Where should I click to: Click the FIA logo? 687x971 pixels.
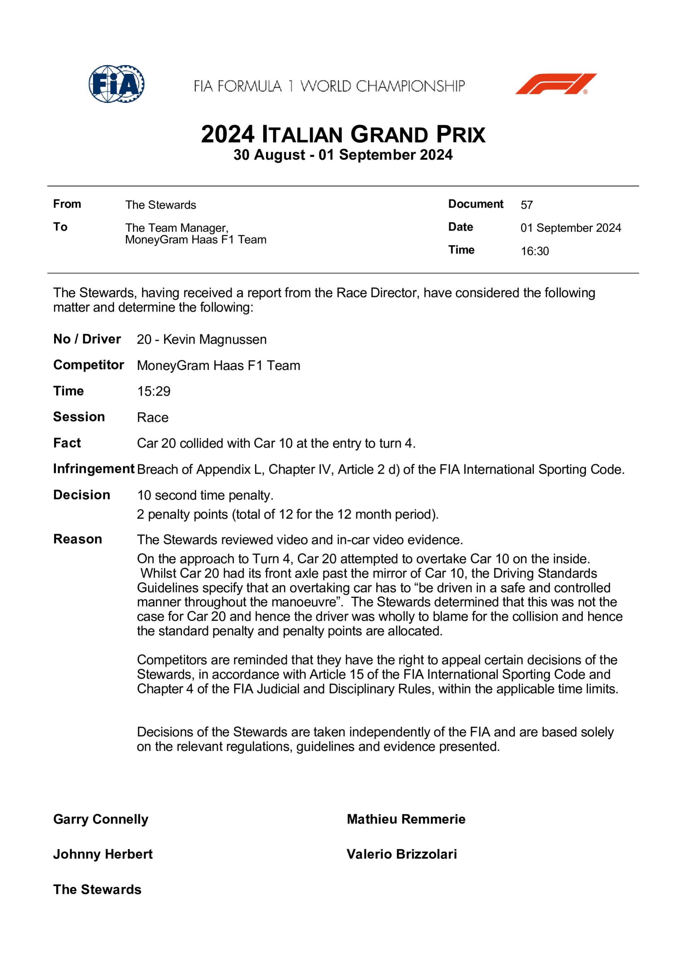pyautogui.click(x=116, y=84)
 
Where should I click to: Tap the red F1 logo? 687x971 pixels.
pyautogui.click(x=556, y=84)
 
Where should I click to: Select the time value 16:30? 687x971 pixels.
pyautogui.click(x=535, y=251)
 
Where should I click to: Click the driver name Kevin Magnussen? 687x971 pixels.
pyautogui.click(x=215, y=339)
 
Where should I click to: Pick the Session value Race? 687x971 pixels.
pyautogui.click(x=152, y=418)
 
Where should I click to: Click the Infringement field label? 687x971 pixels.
pyautogui.click(x=94, y=469)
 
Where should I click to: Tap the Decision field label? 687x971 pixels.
pyautogui.click(x=82, y=495)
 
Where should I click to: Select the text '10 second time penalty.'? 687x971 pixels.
pyautogui.click(x=205, y=495)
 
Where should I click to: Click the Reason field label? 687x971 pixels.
pyautogui.click(x=77, y=539)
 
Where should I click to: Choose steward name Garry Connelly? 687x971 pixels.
pyautogui.click(x=101, y=819)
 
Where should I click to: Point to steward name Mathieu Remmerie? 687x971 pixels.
pyautogui.click(x=406, y=819)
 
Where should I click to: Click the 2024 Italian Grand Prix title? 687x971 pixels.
pyautogui.click(x=343, y=135)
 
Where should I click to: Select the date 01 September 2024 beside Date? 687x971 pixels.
pyautogui.click(x=571, y=228)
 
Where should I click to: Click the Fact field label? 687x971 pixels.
pyautogui.click(x=67, y=443)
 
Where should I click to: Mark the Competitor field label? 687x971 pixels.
pyautogui.click(x=88, y=365)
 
